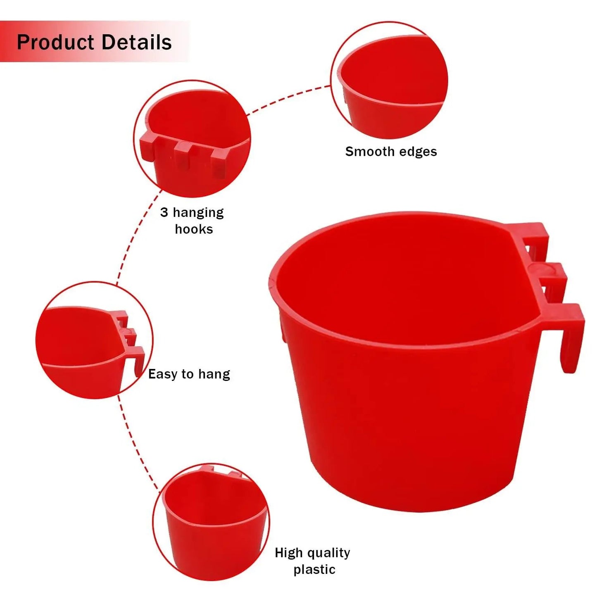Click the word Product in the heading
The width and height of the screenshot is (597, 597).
55,43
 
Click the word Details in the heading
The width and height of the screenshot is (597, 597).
136,43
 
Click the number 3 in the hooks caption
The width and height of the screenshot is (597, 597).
164,212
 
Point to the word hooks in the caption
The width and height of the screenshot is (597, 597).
194,229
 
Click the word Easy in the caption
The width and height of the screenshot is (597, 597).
163,374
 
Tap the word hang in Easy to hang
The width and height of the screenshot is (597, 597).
214,374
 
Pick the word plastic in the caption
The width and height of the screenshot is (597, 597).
314,570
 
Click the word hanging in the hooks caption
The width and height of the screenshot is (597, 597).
198,213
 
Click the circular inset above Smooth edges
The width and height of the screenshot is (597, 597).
389,80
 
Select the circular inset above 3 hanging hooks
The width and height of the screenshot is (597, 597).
192,138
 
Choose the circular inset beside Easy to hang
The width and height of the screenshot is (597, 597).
94,340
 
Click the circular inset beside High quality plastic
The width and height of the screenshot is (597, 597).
211,522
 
